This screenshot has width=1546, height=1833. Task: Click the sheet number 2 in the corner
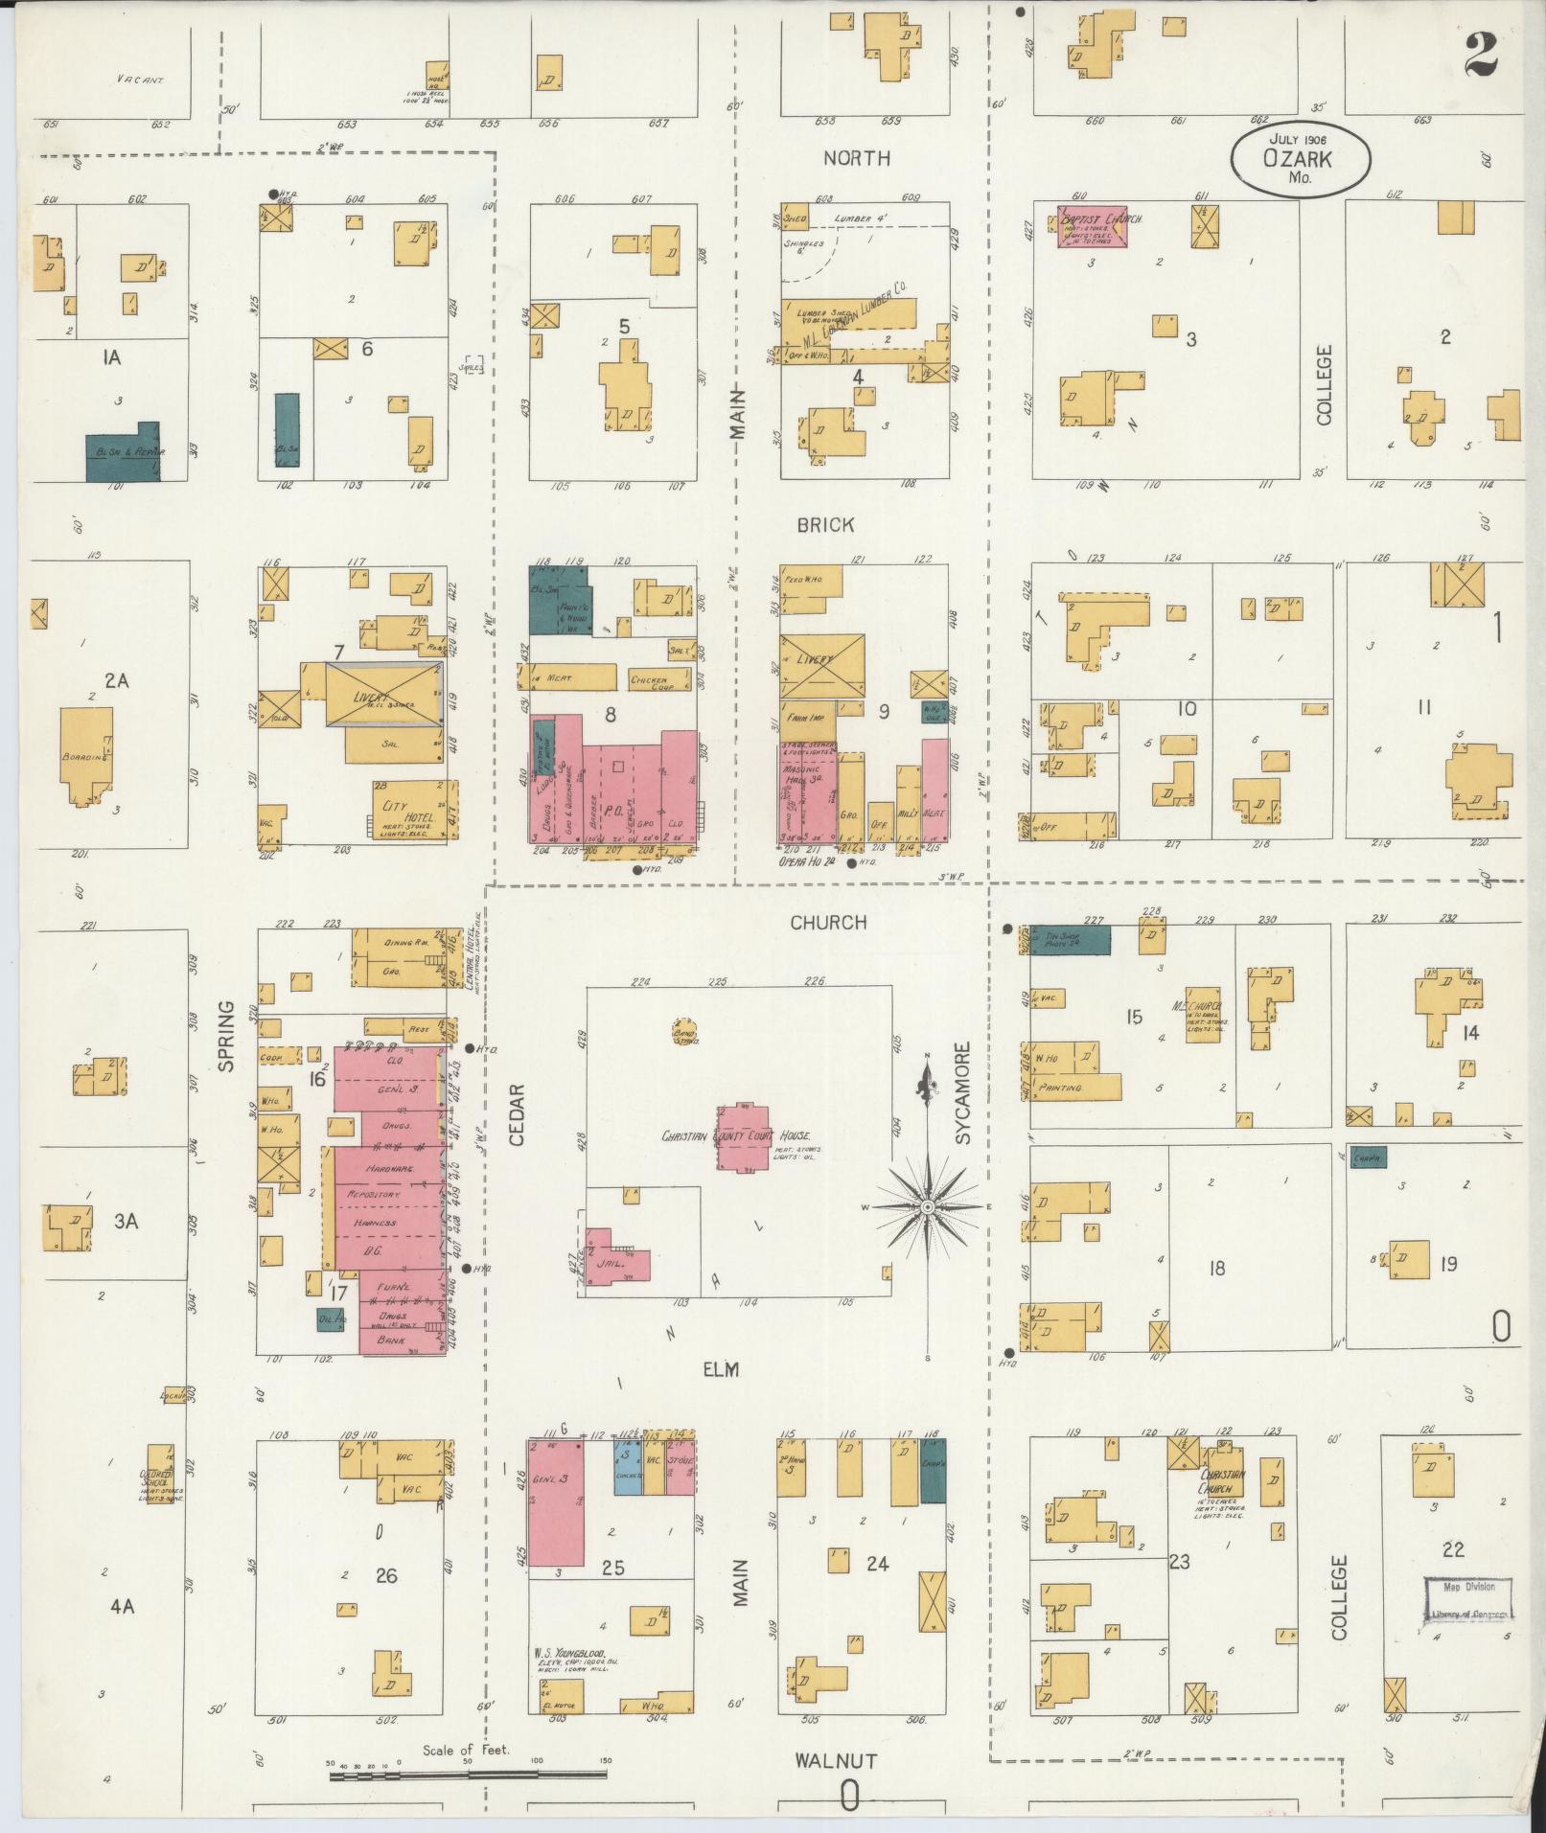[1481, 55]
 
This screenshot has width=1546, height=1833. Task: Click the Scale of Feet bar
[468, 1775]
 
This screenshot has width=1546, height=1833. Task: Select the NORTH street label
[857, 158]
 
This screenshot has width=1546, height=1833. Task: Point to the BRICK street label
[824, 525]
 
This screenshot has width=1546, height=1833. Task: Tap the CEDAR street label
[517, 1114]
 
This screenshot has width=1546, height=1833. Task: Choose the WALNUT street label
[836, 1761]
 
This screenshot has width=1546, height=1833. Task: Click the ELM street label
[722, 1371]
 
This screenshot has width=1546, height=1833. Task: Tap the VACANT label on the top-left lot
[140, 80]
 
